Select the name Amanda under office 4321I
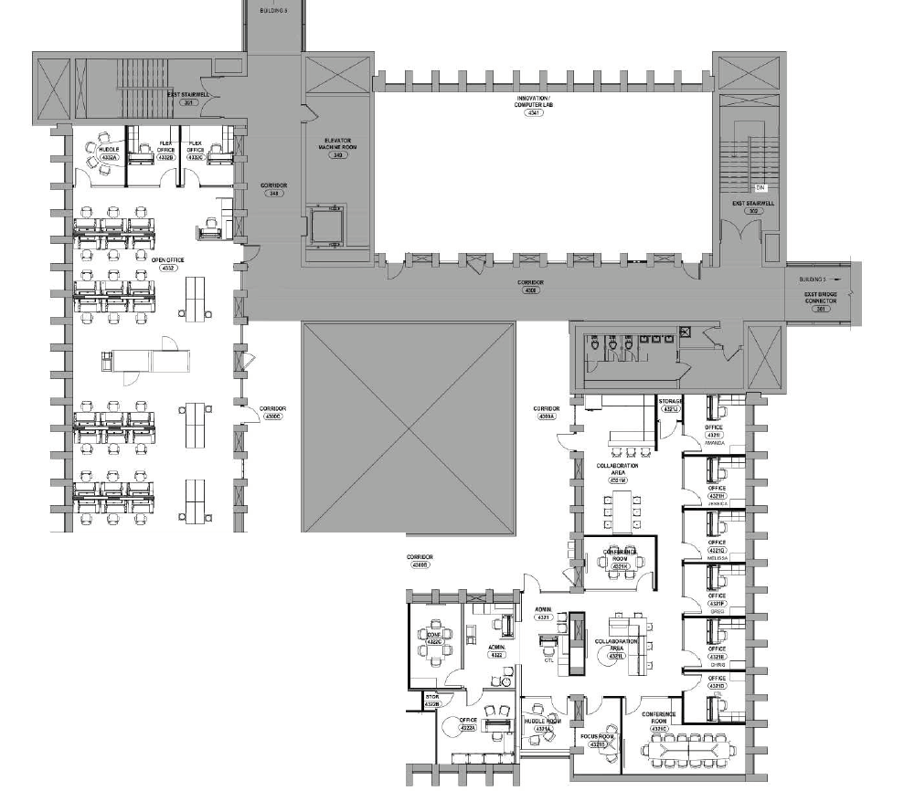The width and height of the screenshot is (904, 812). [x=714, y=443]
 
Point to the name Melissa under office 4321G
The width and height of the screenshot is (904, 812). [x=716, y=558]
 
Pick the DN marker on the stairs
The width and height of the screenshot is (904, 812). [x=760, y=187]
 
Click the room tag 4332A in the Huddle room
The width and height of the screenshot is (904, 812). [x=109, y=157]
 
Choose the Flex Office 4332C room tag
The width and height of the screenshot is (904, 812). [x=195, y=156]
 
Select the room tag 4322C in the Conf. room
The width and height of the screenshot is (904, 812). [x=434, y=642]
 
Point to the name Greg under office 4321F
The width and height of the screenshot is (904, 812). [x=717, y=612]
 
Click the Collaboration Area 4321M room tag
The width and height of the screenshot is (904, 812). [x=618, y=480]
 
